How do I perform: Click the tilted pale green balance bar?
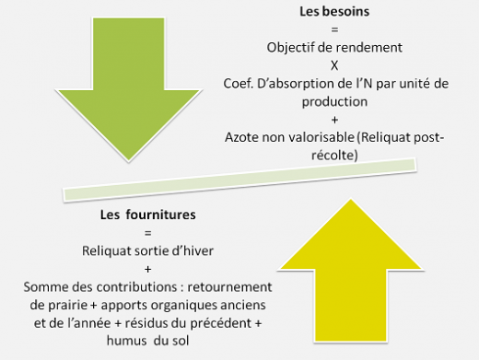239,180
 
